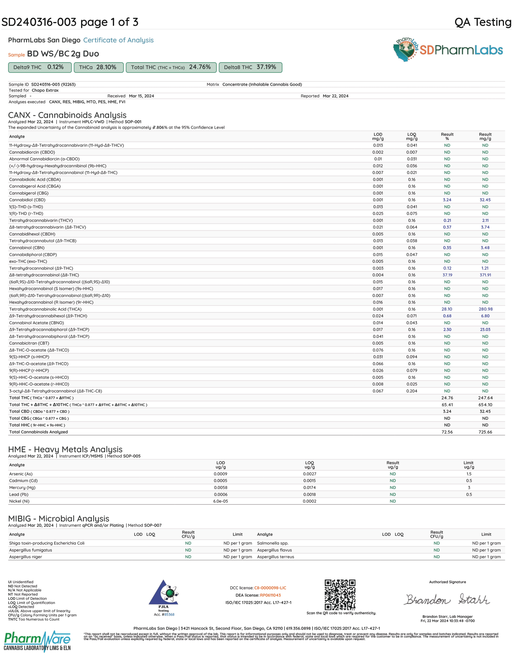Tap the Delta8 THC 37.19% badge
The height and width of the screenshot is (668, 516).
pos(250,67)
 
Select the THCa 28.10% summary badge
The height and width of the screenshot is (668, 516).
pos(99,67)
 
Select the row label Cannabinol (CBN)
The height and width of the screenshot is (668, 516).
pos(27,248)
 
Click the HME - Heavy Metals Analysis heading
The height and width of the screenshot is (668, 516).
pos(65,449)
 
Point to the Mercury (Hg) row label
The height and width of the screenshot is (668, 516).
pos(22,488)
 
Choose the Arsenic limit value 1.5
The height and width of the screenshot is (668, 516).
pos(469,474)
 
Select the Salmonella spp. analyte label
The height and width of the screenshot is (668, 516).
pos(273,543)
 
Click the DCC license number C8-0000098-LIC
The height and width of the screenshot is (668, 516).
pos(270,588)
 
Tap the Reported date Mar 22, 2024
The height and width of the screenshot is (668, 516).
pos(335,96)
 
